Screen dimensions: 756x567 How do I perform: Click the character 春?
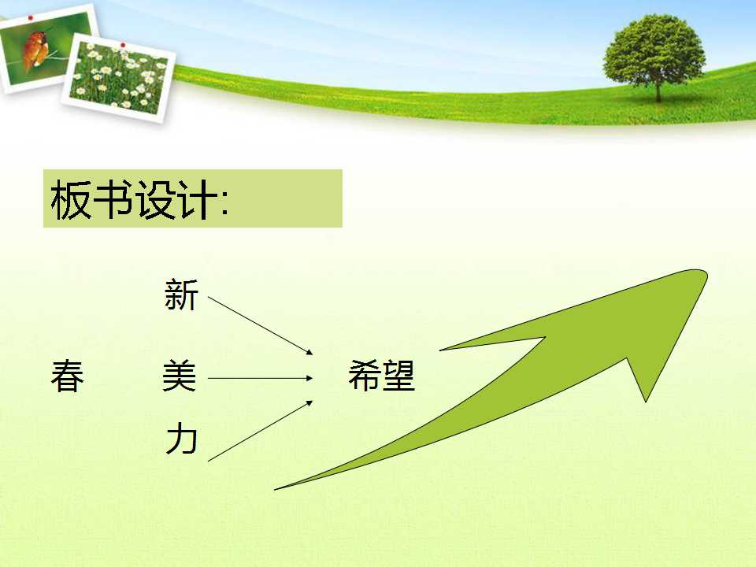click(x=68, y=375)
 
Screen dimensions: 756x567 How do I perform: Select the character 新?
click(x=181, y=294)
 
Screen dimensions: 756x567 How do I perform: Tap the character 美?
click(x=180, y=375)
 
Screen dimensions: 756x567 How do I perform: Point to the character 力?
click(x=181, y=439)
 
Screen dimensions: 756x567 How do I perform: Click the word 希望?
click(x=381, y=375)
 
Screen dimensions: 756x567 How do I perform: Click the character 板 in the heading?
click(x=70, y=199)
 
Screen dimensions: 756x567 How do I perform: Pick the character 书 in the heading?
click(x=112, y=199)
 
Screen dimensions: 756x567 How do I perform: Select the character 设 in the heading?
click(x=154, y=199)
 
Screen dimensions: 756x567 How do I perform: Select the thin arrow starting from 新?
click(x=261, y=325)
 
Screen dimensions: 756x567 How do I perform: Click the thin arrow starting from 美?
click(x=261, y=379)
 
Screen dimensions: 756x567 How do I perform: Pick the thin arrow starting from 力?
click(x=261, y=431)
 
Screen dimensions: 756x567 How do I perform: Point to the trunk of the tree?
click(x=658, y=91)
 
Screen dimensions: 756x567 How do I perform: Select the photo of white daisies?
click(x=119, y=78)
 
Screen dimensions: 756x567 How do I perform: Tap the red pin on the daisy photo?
click(x=123, y=45)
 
